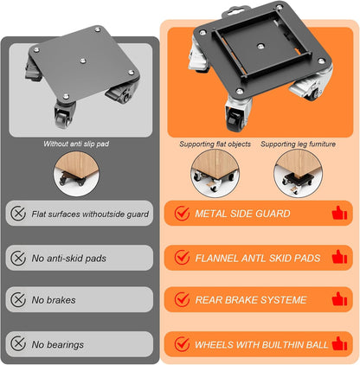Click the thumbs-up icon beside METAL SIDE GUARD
(339, 213)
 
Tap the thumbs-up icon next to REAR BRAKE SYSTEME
(339, 299)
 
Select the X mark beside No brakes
(18, 299)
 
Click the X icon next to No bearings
(18, 343)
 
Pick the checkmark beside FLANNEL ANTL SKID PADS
(182, 257)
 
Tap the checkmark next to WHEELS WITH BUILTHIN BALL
(182, 343)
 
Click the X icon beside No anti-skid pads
(18, 258)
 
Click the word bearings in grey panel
(65, 345)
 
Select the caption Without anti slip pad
(76, 144)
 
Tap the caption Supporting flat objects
(215, 144)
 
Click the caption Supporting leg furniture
(298, 144)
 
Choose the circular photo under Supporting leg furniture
(298, 173)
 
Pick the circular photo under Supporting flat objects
(215, 173)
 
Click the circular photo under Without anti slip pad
(76, 174)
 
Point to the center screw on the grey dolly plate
(83, 61)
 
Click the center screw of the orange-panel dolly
(260, 46)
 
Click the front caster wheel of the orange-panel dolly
(235, 118)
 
